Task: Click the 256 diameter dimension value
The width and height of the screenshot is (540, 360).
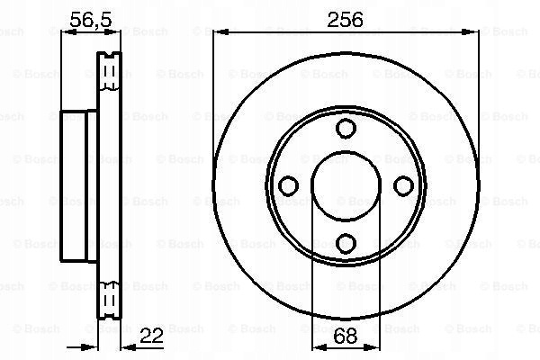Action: click(345, 20)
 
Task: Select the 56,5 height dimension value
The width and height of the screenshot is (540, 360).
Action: click(91, 20)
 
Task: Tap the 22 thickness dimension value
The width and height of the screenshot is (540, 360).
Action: click(151, 335)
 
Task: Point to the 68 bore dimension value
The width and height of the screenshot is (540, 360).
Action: click(346, 336)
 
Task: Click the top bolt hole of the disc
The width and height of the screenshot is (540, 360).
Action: click(346, 129)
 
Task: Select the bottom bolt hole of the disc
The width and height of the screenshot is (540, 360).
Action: click(346, 243)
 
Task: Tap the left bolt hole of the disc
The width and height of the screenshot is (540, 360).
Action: click(289, 186)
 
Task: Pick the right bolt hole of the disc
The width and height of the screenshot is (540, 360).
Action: click(403, 186)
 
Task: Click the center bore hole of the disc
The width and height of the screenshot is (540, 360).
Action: click(346, 186)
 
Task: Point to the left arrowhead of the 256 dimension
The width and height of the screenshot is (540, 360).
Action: click(220, 32)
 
